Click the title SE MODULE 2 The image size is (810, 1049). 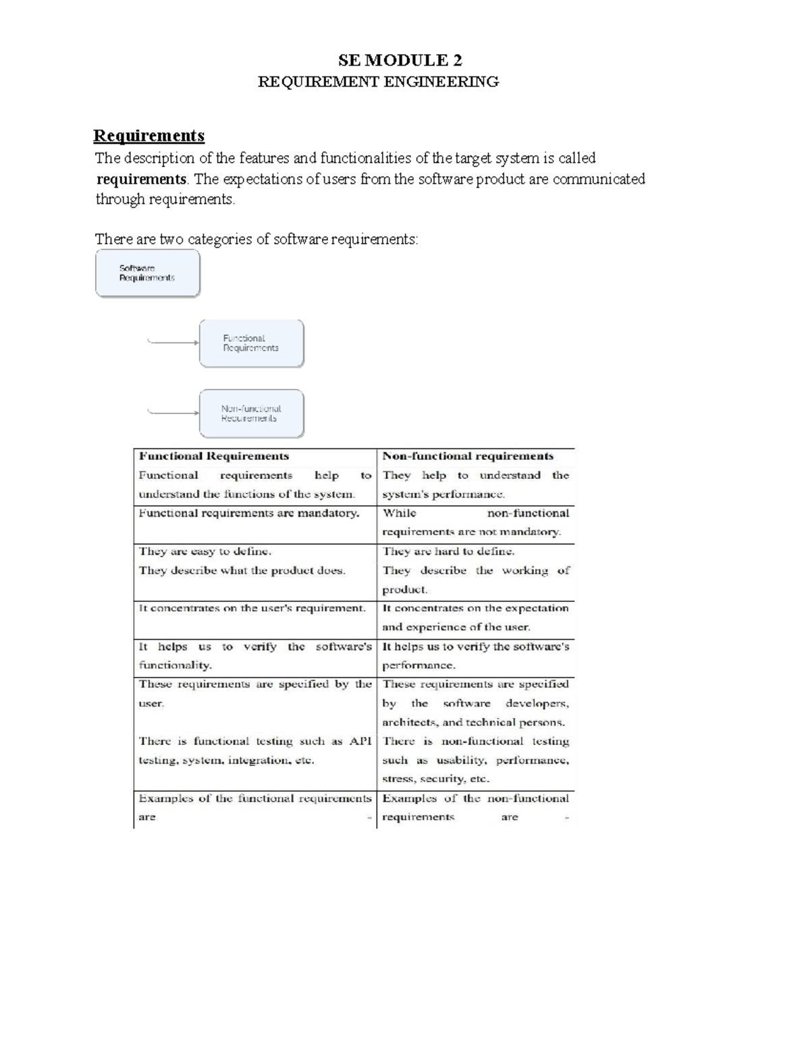[x=400, y=61]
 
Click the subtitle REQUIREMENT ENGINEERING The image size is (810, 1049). [x=379, y=82]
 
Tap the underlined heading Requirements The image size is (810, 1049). [x=148, y=136]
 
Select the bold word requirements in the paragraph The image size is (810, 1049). [x=141, y=179]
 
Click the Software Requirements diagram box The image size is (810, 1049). [x=147, y=274]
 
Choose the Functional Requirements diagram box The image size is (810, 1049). [x=251, y=343]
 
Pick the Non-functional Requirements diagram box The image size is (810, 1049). [x=251, y=413]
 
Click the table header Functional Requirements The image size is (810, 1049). [x=214, y=456]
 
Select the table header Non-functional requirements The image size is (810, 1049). [x=468, y=456]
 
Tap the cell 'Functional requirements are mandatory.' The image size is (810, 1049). [x=248, y=513]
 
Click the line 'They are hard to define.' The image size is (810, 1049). [x=448, y=551]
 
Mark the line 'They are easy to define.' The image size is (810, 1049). [x=205, y=551]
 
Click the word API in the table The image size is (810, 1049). [x=360, y=741]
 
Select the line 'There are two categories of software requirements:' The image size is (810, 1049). [x=256, y=239]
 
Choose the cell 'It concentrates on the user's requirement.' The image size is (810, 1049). [x=252, y=608]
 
